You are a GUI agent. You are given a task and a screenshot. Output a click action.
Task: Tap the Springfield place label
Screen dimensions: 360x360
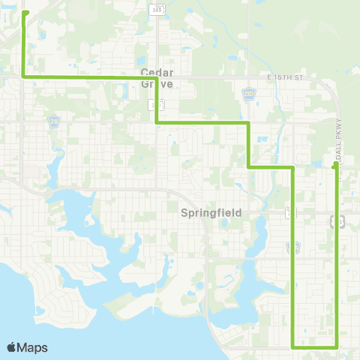[x=211, y=213]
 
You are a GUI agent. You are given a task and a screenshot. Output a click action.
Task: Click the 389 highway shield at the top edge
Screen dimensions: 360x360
[x=156, y=9]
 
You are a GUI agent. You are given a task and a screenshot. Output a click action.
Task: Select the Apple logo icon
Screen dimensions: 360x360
[x=11, y=347]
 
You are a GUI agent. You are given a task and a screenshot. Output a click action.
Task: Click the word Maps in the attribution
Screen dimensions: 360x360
[x=32, y=347]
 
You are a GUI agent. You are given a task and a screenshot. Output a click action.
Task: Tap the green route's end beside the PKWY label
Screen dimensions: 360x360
[x=334, y=163]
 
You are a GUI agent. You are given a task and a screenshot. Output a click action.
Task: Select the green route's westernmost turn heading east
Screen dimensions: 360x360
[x=25, y=76]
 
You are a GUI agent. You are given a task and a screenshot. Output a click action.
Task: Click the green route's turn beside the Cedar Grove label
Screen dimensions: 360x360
[x=156, y=77]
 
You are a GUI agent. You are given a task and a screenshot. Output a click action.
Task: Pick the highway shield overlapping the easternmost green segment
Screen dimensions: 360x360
[x=337, y=220]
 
